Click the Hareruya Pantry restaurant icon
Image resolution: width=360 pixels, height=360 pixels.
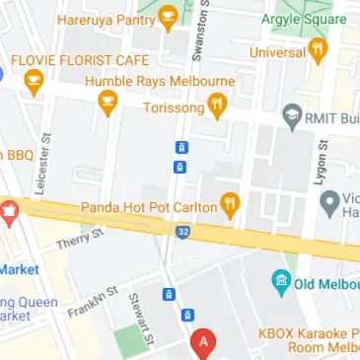coord(168,16)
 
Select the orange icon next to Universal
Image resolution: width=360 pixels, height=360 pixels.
coord(318,51)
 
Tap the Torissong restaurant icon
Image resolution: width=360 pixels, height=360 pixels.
coord(217,105)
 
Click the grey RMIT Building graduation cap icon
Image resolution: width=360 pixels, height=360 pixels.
coord(291,115)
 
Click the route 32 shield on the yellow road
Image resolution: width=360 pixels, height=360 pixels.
coord(183,232)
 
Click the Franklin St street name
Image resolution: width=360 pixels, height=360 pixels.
coord(93,303)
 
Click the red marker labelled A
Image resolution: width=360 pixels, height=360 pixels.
coord(204,343)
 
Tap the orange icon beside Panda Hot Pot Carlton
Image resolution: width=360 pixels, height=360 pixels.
coord(231,205)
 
